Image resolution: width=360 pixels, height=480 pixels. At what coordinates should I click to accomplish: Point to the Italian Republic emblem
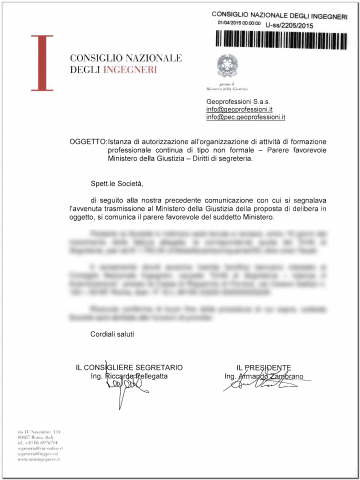tap(232, 67)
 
